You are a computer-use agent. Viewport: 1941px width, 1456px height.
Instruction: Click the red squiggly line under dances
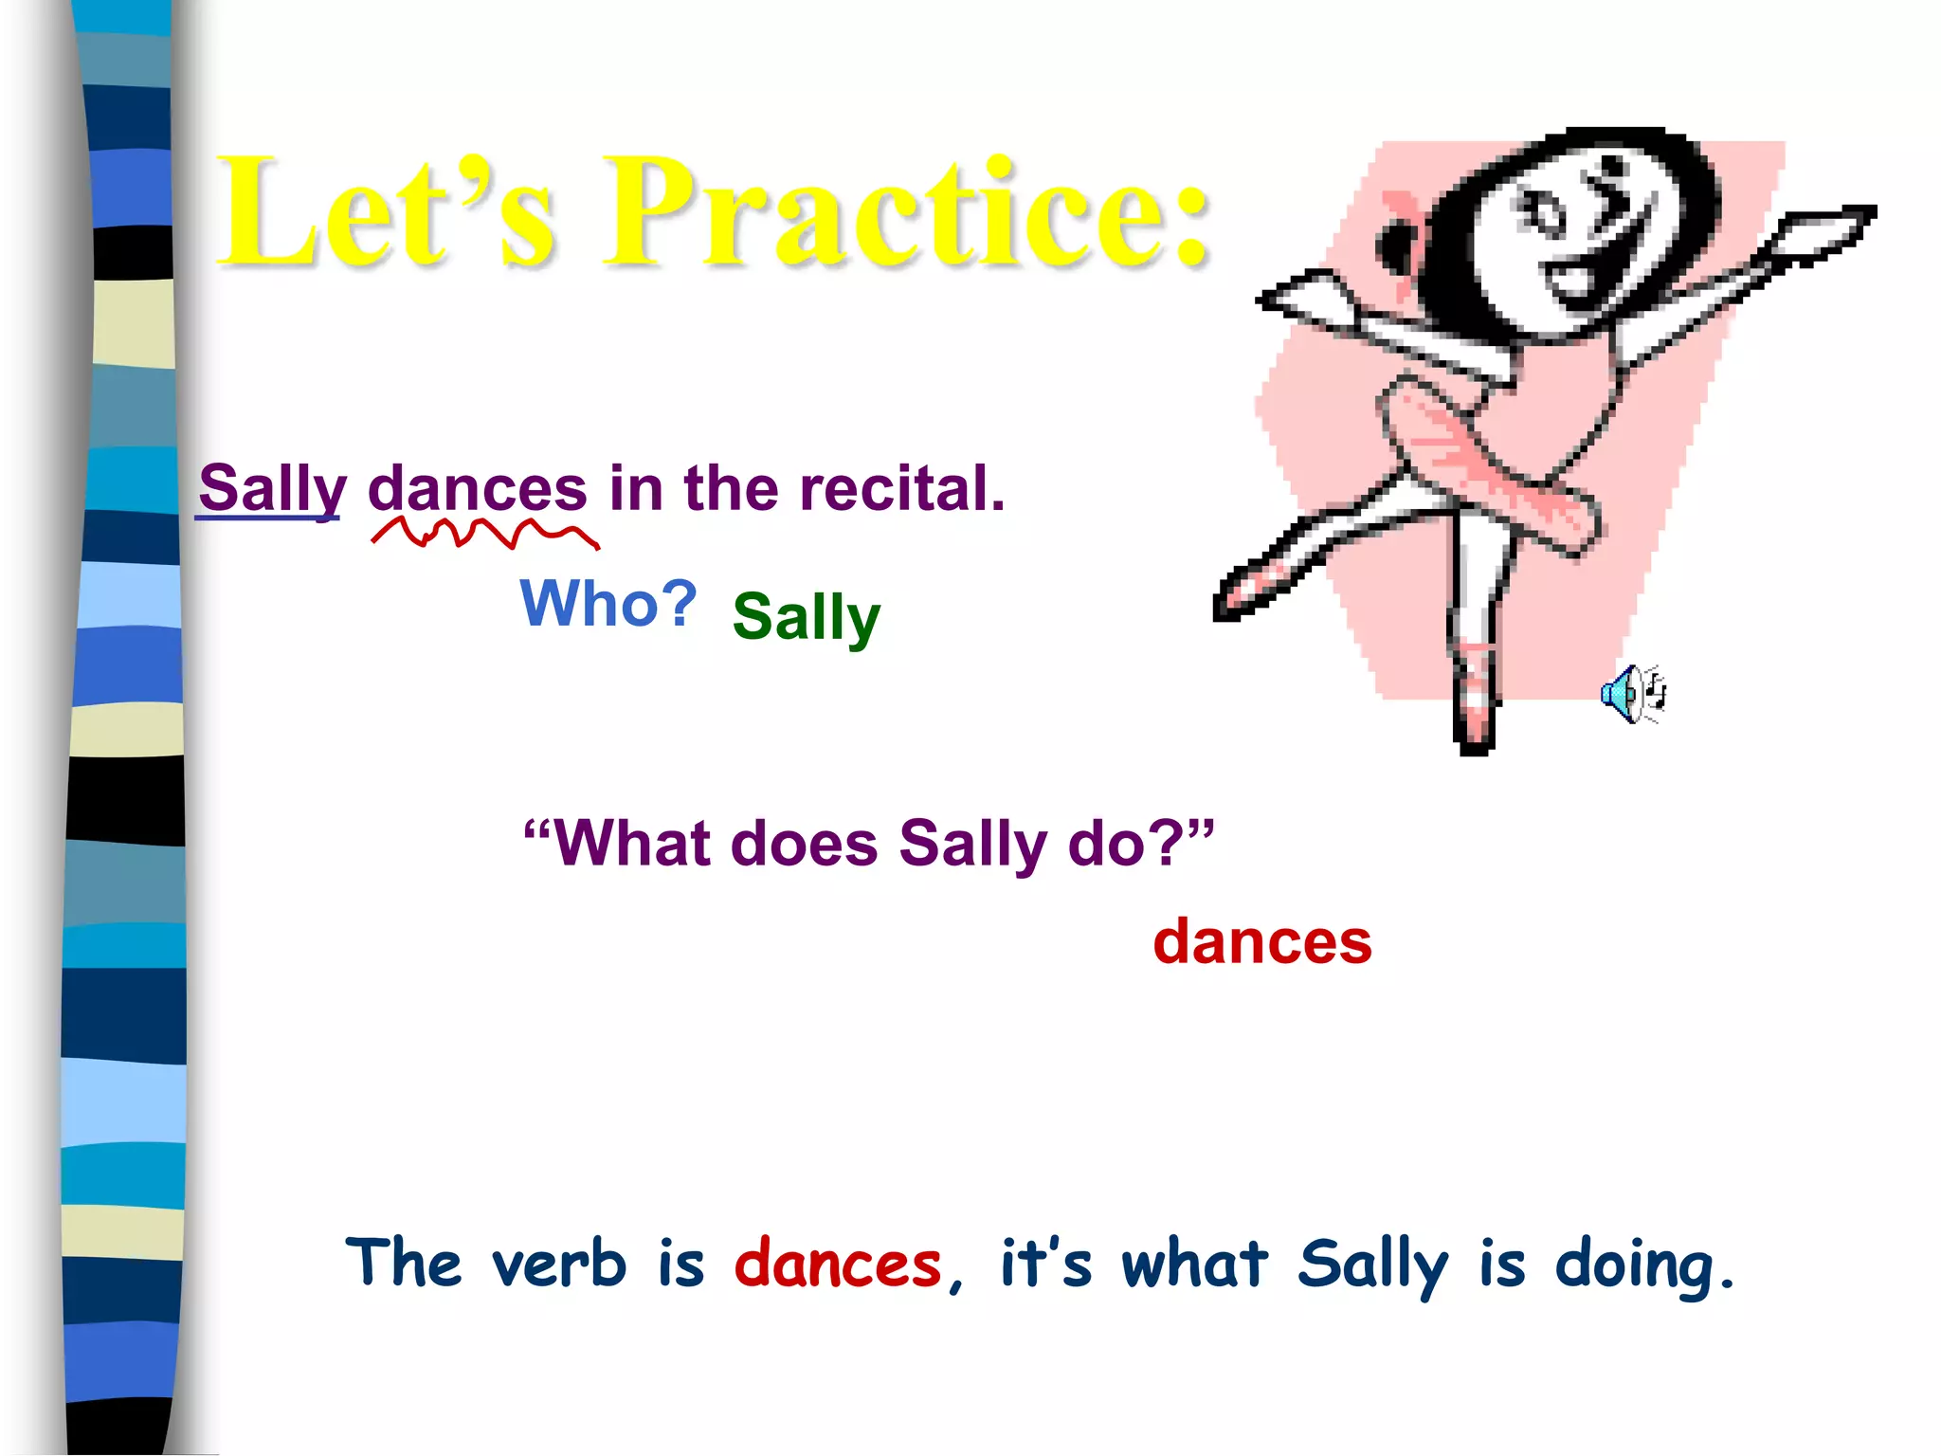(484, 534)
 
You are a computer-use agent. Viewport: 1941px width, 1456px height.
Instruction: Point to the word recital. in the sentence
(901, 489)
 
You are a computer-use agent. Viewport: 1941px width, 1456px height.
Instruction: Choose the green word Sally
(807, 617)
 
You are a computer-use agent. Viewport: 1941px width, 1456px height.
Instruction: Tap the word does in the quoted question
(805, 843)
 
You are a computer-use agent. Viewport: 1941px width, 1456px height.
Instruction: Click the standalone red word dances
(1262, 942)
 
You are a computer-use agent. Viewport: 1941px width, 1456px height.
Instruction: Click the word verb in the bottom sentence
(559, 1265)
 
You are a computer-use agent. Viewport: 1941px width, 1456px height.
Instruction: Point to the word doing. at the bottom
(1644, 1266)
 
